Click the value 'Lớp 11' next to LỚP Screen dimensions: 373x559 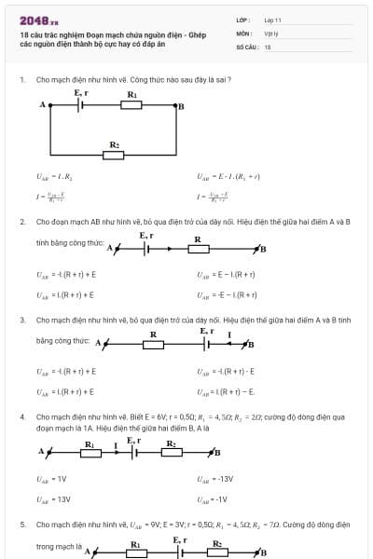tap(272, 20)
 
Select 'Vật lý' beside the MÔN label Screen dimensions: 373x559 tap(269, 33)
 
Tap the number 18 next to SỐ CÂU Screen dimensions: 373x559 tap(268, 46)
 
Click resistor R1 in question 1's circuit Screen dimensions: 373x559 tap(132, 105)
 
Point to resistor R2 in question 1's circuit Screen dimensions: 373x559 tap(114, 155)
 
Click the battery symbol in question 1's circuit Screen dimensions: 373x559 tap(82, 105)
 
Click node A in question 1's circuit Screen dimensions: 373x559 tap(43, 105)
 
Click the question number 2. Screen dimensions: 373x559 tap(22, 222)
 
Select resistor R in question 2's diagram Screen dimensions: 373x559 tap(197, 249)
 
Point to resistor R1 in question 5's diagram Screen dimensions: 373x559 tap(134, 552)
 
